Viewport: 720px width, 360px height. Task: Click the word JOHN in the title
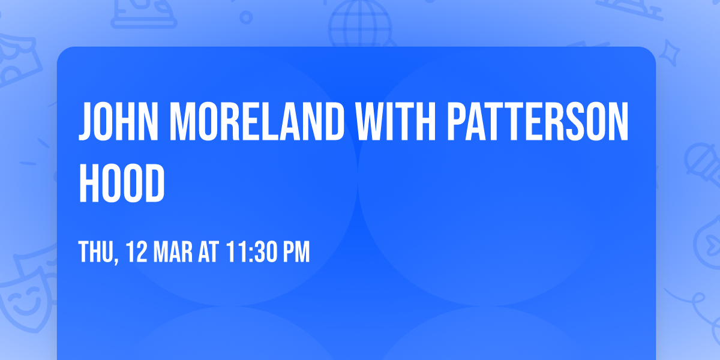[x=119, y=121]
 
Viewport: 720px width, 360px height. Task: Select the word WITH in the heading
[x=395, y=121]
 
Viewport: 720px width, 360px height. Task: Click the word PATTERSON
[x=538, y=121]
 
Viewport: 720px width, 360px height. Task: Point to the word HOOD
[x=122, y=183]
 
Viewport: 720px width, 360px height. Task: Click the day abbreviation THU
[x=96, y=252]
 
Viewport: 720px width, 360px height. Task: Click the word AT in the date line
[x=208, y=252]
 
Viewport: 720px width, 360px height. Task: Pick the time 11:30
[x=251, y=252]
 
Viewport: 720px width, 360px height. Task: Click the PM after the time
[x=296, y=252]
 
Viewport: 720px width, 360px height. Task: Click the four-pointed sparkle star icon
[x=669, y=53]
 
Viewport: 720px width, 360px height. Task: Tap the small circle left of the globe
[x=246, y=17]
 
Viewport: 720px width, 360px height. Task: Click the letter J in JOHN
[x=86, y=121]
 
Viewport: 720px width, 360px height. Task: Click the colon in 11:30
[x=251, y=254]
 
